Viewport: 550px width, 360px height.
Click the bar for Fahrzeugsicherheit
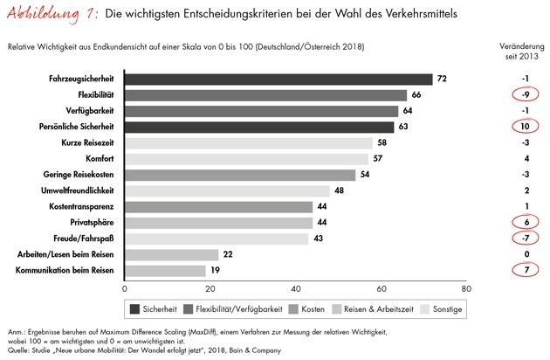(x=278, y=79)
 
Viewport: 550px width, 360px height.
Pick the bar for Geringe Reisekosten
(x=240, y=175)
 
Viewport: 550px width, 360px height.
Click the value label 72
(x=442, y=79)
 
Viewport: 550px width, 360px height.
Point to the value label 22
(x=228, y=254)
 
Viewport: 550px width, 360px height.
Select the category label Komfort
(x=102, y=158)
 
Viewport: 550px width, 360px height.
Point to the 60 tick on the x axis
(x=382, y=288)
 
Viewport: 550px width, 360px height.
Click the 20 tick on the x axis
(x=210, y=288)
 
